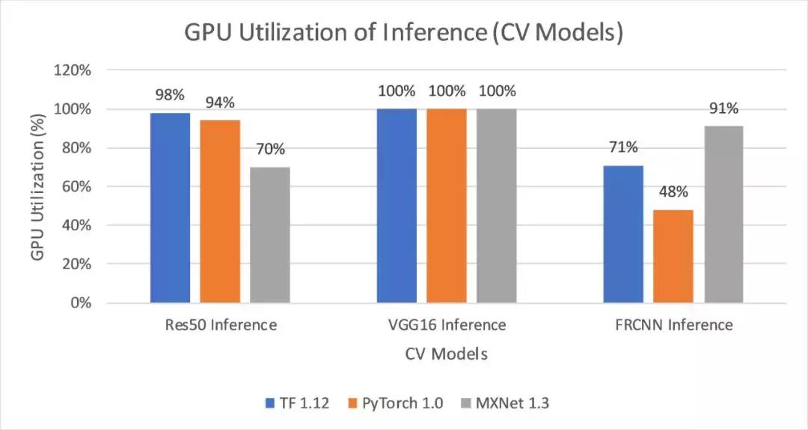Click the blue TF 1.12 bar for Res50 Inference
pos(170,208)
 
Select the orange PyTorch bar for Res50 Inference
pos(220,212)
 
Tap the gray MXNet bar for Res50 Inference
pos(270,235)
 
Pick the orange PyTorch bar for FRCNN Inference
pos(673,257)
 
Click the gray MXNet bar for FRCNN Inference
pos(723,215)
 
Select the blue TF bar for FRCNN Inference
pos(623,234)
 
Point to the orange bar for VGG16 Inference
pos(447,206)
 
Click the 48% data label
pos(673,192)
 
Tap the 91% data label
pos(723,108)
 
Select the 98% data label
pos(170,95)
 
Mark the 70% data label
pos(270,149)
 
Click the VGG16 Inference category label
pos(447,325)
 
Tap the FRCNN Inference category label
pos(673,325)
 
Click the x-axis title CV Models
pos(446,354)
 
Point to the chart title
pos(404,34)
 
